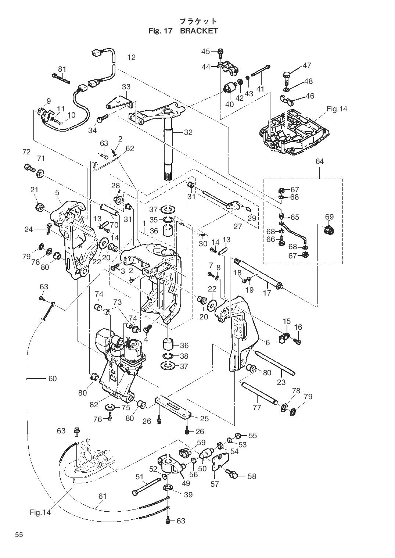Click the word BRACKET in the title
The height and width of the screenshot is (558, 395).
pos(199,31)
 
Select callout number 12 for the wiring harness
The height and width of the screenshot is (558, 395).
pos(131,57)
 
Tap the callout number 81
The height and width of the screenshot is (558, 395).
pos(62,69)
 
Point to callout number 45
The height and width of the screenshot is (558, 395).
pos(205,51)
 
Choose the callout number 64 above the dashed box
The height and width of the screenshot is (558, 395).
pos(319,161)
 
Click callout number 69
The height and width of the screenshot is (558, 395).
pos(329,217)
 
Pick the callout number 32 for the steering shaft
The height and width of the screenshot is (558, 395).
pos(188,132)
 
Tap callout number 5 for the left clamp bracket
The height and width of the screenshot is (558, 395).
pos(57,192)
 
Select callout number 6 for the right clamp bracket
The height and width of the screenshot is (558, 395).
pos(267,343)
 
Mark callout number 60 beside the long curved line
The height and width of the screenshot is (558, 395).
pos(53,378)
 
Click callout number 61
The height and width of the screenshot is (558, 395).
pos(102,496)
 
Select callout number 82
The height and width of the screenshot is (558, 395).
pos(94,404)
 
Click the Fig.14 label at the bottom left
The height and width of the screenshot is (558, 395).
pos(40,512)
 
